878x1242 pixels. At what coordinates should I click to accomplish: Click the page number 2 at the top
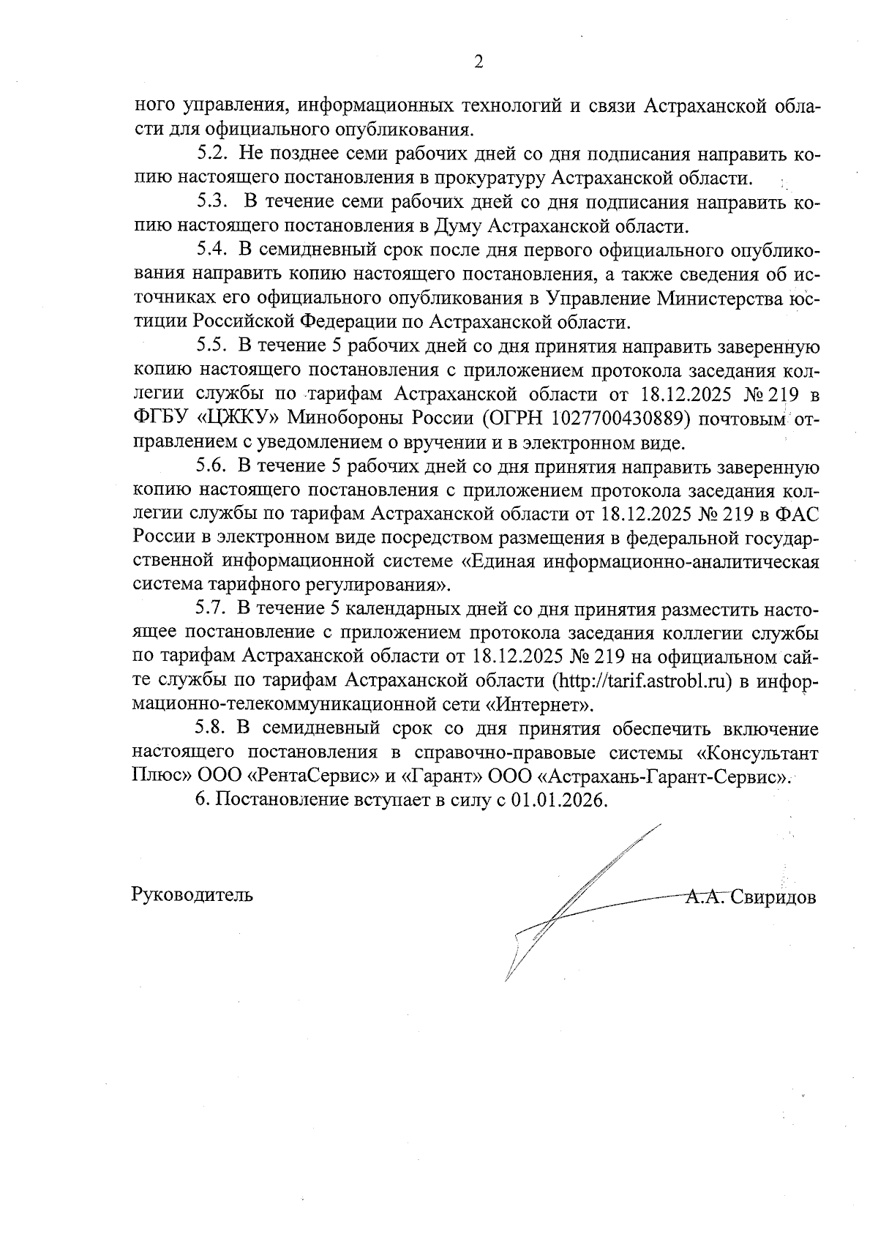pyautogui.click(x=479, y=62)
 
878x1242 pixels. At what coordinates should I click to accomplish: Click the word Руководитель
pyautogui.click(x=192, y=894)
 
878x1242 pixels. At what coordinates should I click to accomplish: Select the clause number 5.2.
pyautogui.click(x=213, y=155)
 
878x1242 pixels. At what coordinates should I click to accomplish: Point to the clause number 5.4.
pyautogui.click(x=213, y=251)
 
